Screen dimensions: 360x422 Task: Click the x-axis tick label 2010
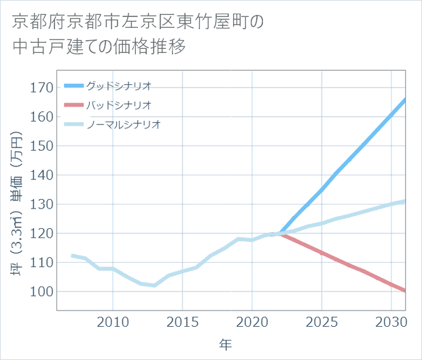click(x=113, y=321)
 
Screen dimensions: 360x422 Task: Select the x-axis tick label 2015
click(x=182, y=321)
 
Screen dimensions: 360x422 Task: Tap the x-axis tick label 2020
click(x=252, y=321)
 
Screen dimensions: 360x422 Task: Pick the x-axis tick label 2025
click(x=321, y=321)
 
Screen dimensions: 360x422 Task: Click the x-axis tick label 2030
click(x=391, y=321)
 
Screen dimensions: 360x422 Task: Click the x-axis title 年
click(x=225, y=344)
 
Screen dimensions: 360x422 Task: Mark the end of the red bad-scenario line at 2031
click(x=405, y=291)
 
